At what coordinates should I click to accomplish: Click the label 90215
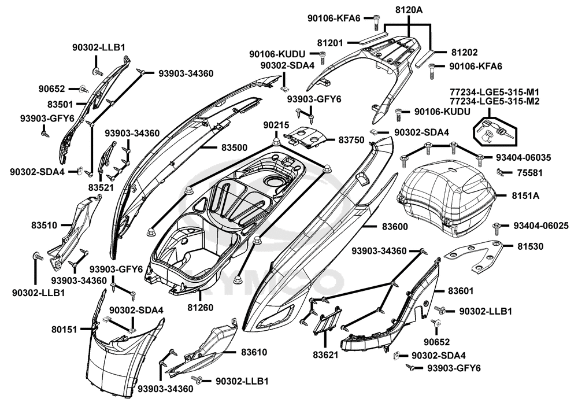coord(276,125)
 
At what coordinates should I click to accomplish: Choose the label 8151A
coord(527,196)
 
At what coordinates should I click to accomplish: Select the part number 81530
coord(530,246)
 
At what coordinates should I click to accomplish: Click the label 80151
coord(64,328)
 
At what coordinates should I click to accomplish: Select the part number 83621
coord(326,353)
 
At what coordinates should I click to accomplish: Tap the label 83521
coord(101,187)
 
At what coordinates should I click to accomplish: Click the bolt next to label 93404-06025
coord(497,225)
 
